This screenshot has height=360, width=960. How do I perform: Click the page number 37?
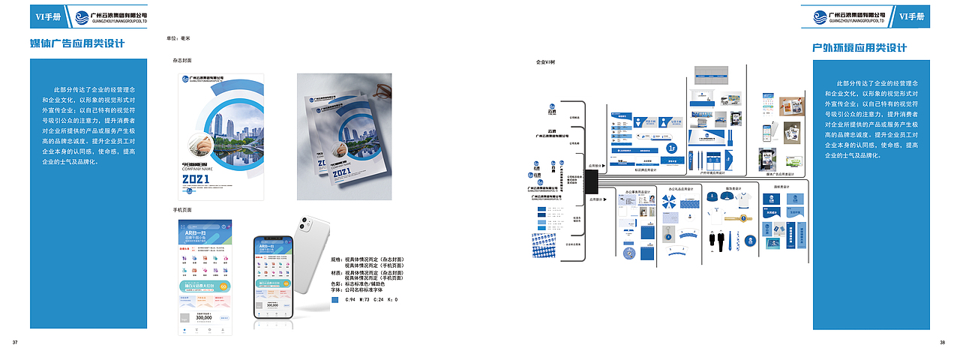coord(15,343)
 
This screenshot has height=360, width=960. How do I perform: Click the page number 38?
coord(942,343)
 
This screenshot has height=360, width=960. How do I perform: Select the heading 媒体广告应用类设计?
coord(76,44)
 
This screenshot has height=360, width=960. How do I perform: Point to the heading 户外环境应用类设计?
coord(859,48)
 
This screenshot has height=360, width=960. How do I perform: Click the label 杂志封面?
coord(182,60)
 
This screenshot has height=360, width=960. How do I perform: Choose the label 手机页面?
coord(182,210)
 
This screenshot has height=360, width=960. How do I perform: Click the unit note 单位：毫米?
coord(178,37)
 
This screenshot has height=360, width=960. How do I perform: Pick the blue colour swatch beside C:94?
coord(335,300)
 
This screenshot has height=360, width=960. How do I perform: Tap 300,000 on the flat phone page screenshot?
coord(204,317)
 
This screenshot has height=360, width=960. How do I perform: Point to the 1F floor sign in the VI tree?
coord(673,149)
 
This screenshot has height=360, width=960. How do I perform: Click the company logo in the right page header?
coord(856,16)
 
